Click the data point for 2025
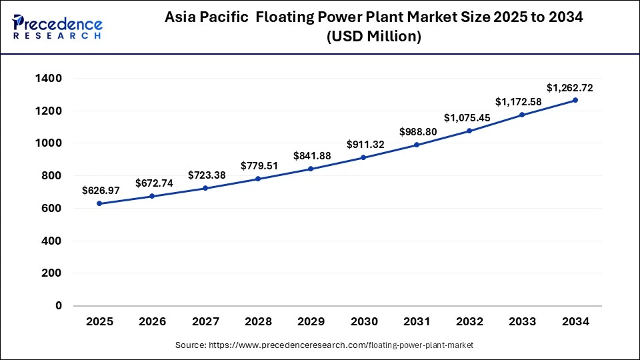(x=99, y=203)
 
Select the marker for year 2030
(x=364, y=157)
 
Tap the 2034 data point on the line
(x=575, y=100)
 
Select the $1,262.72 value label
(x=569, y=87)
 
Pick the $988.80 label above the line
(x=418, y=132)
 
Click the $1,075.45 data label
(x=470, y=117)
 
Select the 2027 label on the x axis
(x=205, y=321)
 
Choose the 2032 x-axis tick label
(x=469, y=321)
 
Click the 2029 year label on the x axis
(x=311, y=321)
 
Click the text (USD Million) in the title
(x=373, y=37)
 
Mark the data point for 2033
(x=523, y=115)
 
